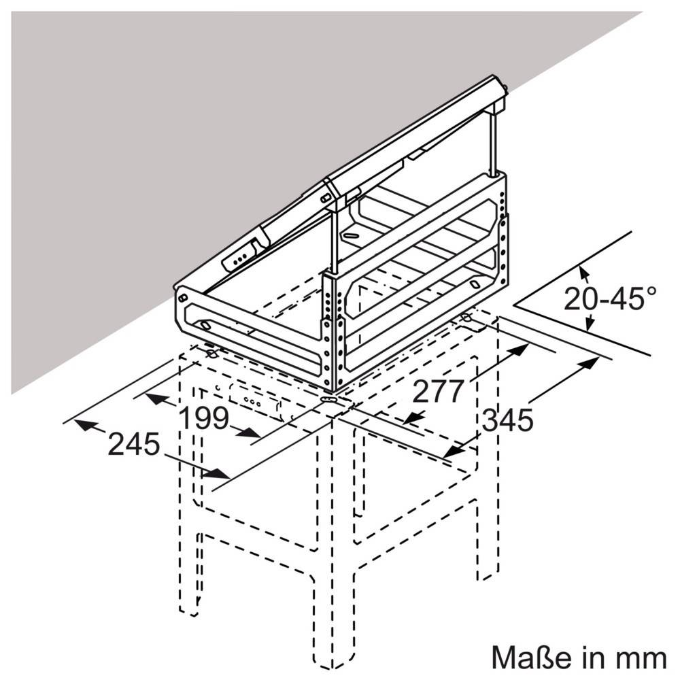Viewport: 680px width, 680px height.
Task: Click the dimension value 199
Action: coord(203,418)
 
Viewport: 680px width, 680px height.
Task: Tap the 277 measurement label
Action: coord(439,391)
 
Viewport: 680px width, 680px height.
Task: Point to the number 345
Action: coord(507,421)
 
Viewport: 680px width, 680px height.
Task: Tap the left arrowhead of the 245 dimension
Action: coord(82,425)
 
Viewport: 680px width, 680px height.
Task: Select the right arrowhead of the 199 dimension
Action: coord(252,433)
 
